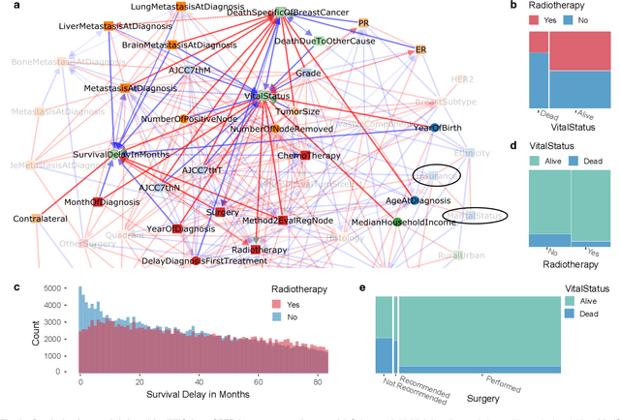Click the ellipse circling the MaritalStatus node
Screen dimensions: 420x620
[476, 215]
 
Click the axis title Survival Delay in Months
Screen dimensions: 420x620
[201, 395]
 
